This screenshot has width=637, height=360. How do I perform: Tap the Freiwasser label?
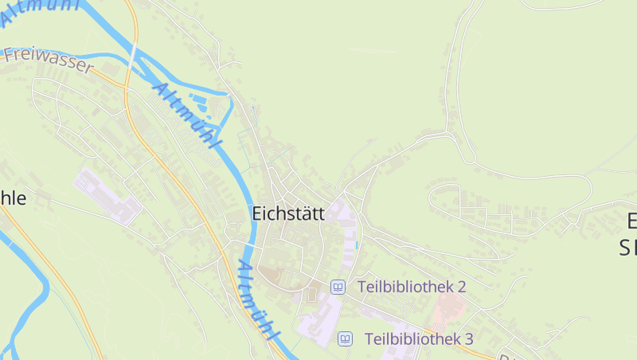[49, 61]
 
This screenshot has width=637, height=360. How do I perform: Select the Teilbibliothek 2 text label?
[412, 287]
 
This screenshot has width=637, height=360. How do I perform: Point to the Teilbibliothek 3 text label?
[419, 339]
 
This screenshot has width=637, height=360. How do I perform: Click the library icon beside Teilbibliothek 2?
[338, 287]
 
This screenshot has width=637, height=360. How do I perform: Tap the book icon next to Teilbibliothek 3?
[346, 339]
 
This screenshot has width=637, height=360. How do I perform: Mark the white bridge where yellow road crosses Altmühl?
[133, 60]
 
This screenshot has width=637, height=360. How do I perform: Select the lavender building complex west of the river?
[108, 194]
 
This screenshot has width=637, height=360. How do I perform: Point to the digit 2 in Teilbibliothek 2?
[461, 287]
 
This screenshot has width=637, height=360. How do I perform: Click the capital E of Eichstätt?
[256, 213]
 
